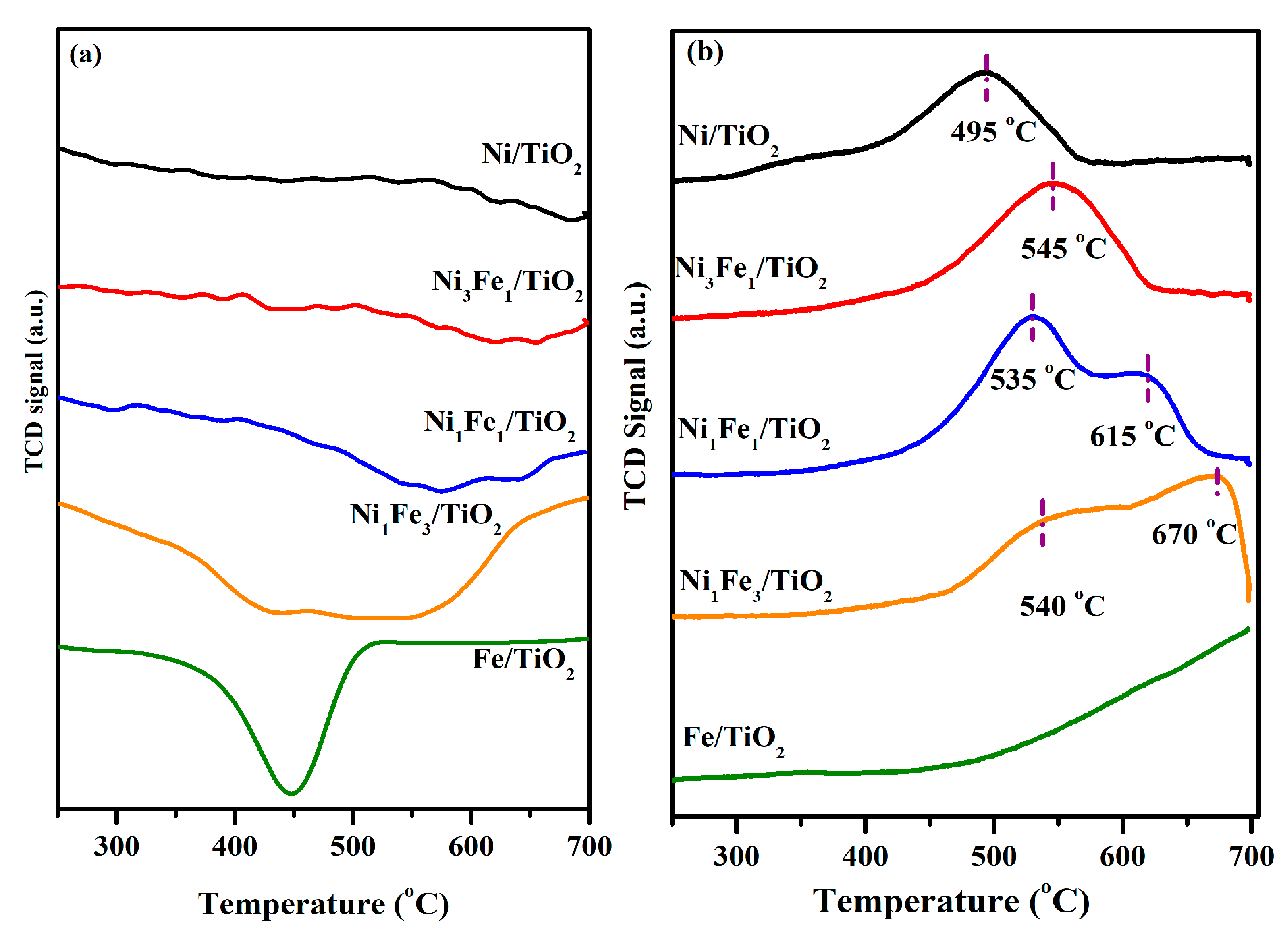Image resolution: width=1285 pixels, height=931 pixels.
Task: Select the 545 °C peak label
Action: click(1063, 249)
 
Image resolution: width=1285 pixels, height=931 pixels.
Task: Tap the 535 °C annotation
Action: click(1032, 379)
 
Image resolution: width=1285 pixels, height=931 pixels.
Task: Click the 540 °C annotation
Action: click(1062, 606)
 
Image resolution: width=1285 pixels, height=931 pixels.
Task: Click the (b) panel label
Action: click(704, 53)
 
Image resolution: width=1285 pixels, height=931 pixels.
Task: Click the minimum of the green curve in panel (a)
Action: click(291, 793)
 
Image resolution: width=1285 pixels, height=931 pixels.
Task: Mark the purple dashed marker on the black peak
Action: click(986, 78)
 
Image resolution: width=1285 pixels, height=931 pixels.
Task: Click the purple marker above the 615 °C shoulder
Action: click(1148, 378)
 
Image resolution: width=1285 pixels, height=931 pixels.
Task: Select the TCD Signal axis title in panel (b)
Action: click(637, 396)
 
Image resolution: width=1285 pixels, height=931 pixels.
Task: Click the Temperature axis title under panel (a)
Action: click(323, 903)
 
